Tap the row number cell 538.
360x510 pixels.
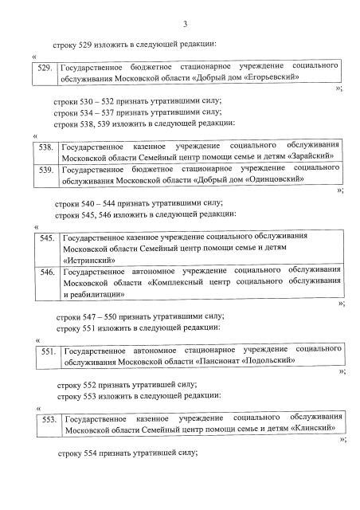coord(45,148)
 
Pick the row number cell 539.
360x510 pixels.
coord(45,171)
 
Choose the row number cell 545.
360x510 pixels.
coord(45,238)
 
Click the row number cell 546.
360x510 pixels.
coord(45,273)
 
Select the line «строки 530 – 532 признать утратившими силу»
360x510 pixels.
coord(132,102)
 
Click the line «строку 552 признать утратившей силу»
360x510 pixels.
coord(127,384)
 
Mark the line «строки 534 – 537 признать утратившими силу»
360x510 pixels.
coord(132,113)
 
